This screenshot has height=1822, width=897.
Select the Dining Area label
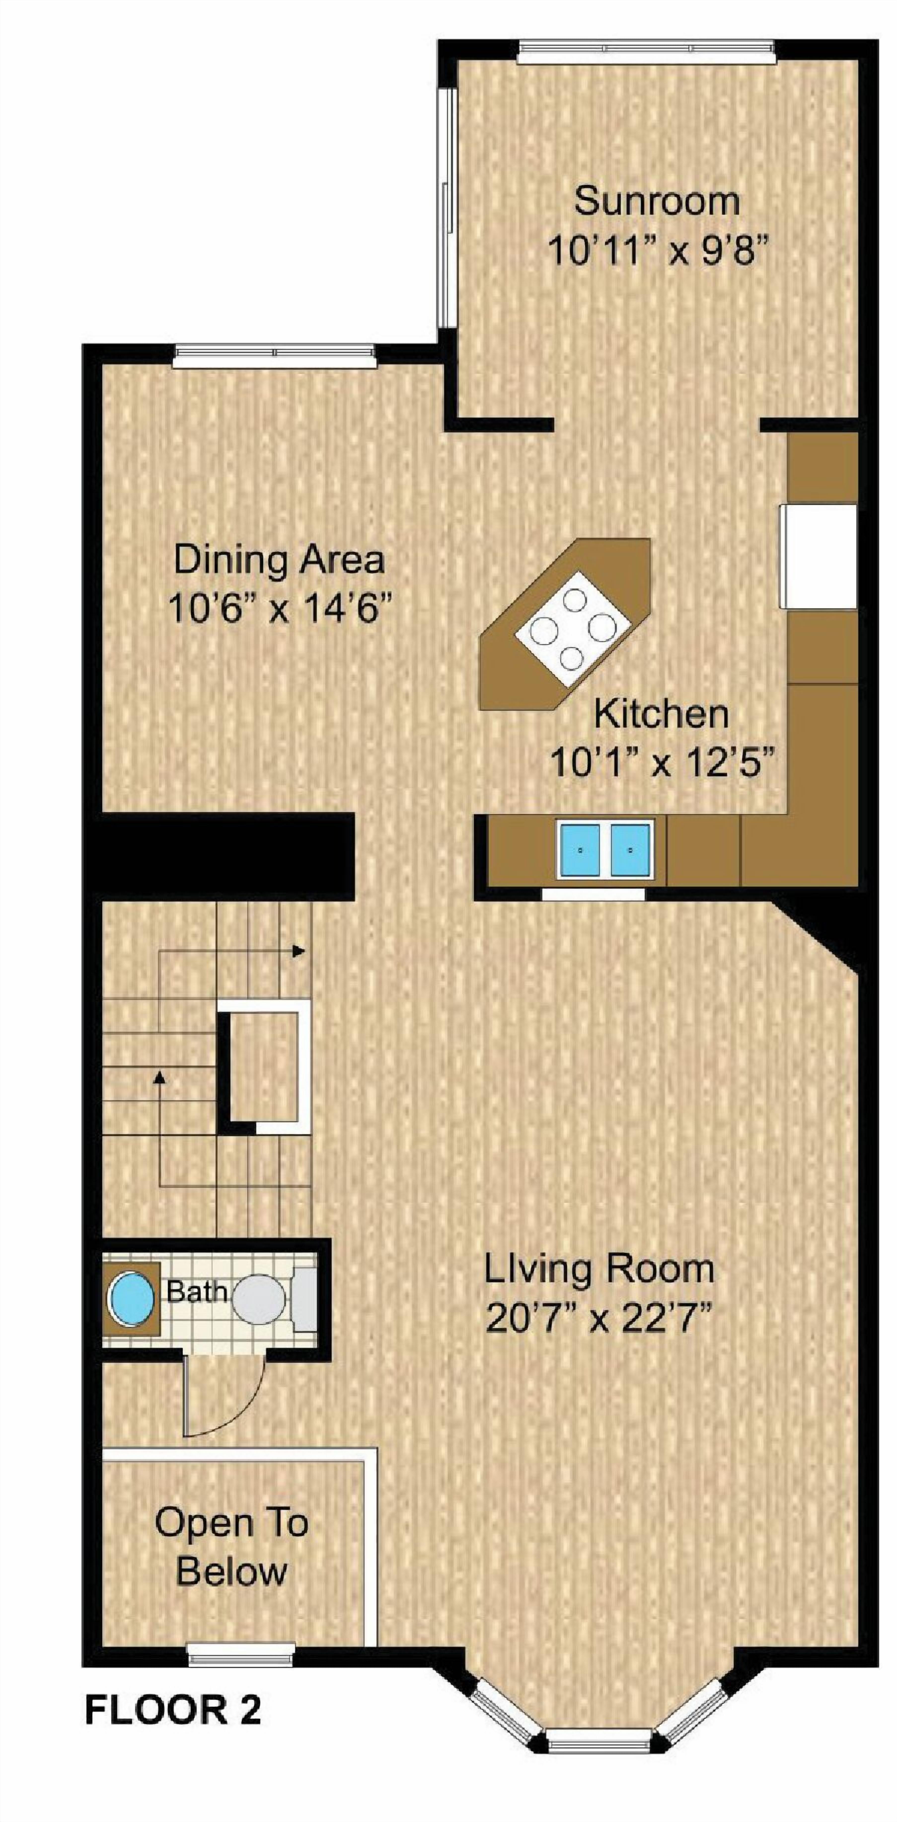click(279, 560)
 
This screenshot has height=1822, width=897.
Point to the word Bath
click(196, 1292)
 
